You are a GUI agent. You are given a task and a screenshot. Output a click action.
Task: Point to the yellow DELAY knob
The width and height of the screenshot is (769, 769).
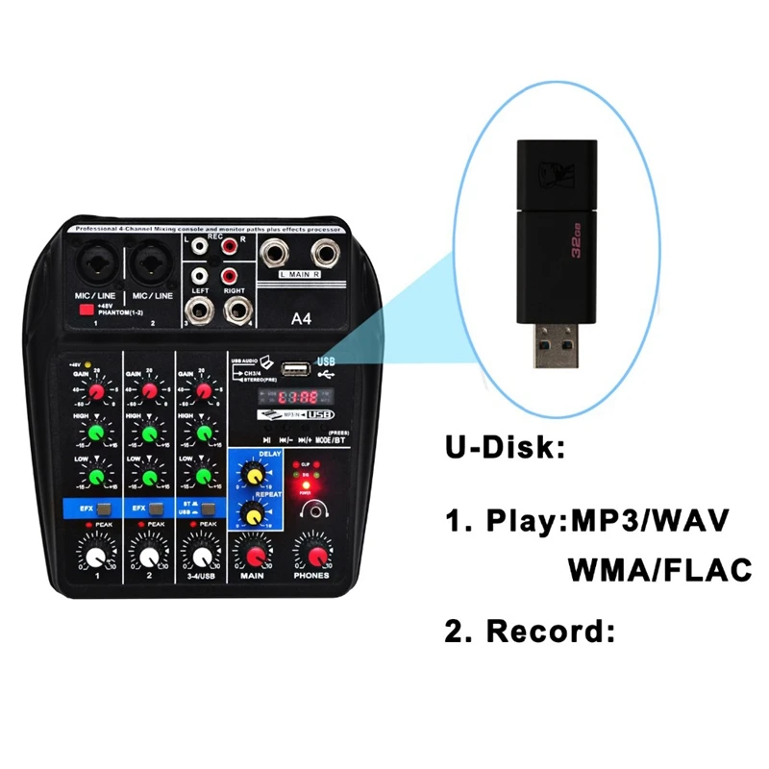point(254,476)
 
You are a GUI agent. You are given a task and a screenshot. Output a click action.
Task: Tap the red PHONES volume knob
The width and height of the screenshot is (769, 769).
point(311,555)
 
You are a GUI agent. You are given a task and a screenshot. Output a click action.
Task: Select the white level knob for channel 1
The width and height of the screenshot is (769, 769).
point(96,557)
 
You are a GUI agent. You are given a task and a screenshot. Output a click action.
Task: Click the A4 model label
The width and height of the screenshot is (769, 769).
point(305,322)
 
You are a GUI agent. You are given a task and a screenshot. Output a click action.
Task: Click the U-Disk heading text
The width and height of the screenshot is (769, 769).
point(505,449)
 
